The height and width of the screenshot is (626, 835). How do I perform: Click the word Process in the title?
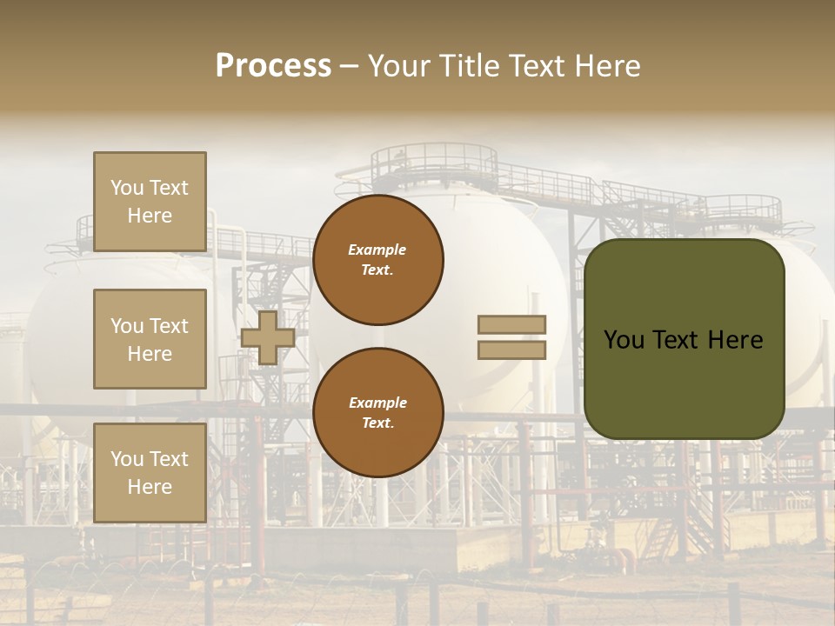(x=273, y=66)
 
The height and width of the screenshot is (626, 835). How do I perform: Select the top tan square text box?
(x=150, y=202)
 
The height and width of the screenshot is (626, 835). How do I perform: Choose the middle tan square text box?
(x=150, y=339)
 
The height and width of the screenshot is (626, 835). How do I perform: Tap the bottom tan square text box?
(x=150, y=473)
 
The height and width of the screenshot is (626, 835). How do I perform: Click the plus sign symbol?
(x=267, y=337)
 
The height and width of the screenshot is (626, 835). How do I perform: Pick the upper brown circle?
(x=377, y=259)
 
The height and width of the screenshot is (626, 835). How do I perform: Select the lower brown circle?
(x=377, y=412)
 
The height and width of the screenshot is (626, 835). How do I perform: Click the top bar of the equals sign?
(x=512, y=325)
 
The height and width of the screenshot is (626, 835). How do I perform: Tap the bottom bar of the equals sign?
(x=512, y=350)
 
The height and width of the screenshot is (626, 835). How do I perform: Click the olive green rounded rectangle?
(x=684, y=339)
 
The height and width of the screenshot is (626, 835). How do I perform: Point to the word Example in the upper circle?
(x=377, y=250)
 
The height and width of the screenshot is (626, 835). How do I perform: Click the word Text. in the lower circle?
(x=377, y=423)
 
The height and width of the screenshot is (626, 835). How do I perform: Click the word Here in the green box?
(x=735, y=340)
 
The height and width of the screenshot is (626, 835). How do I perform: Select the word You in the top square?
(x=126, y=188)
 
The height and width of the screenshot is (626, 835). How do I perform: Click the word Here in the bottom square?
(x=150, y=487)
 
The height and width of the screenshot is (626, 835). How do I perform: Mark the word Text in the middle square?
(x=168, y=326)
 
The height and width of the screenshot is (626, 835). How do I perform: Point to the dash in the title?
(x=349, y=66)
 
